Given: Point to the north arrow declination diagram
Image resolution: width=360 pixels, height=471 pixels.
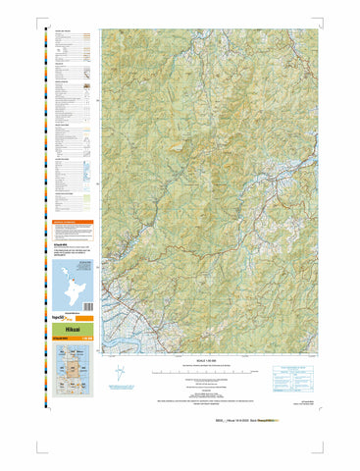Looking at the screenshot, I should pyautogui.click(x=147, y=373).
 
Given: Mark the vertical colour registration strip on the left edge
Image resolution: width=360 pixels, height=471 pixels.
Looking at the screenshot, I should pyautogui.click(x=44, y=196).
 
